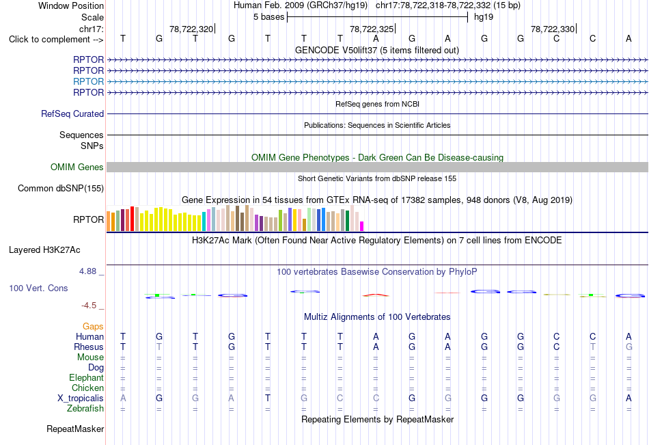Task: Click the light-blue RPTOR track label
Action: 88,81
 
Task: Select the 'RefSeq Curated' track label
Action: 72,113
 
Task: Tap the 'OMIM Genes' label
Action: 77,167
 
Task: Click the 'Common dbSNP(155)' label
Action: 61,188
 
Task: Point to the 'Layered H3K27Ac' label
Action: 44,250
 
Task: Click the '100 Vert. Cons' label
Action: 38,288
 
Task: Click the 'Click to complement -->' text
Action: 56,40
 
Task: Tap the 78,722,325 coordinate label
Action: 372,29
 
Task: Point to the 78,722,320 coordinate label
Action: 191,29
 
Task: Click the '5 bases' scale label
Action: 269,17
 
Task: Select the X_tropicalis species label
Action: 81,399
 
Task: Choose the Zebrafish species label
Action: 85,409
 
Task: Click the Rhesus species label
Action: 89,347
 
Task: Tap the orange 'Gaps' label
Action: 93,327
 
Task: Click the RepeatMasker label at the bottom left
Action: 75,429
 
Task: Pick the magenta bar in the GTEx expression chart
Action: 362,226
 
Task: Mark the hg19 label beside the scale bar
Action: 484,17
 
